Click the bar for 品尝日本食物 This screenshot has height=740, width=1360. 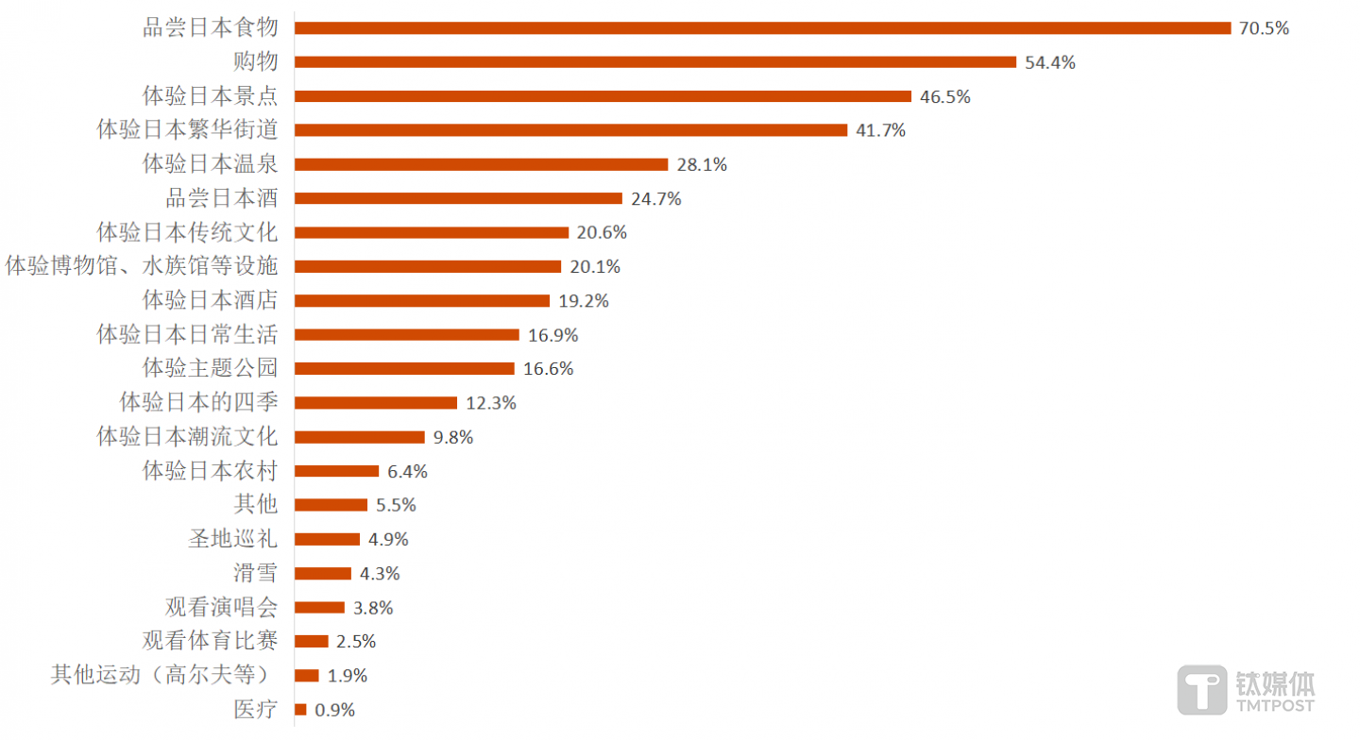pyautogui.click(x=762, y=28)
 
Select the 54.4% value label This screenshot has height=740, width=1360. pyautogui.click(x=1050, y=63)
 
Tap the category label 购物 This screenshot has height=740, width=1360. pyautogui.click(x=256, y=62)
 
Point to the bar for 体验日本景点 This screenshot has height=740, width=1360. pyautogui.click(x=603, y=96)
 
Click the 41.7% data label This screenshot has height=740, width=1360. pyautogui.click(x=880, y=131)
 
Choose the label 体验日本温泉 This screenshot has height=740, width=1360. pyautogui.click(x=210, y=164)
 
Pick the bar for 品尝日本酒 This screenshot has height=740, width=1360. pyautogui.click(x=458, y=198)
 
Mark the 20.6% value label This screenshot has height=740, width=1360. pyautogui.click(x=602, y=233)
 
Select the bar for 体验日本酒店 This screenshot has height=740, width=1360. pyautogui.click(x=422, y=301)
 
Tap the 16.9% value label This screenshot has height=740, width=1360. pyautogui.click(x=552, y=335)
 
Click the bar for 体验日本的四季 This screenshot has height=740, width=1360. pyautogui.click(x=376, y=403)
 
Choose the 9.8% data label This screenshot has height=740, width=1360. pyautogui.click(x=453, y=438)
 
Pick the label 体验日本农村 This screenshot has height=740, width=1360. pyautogui.click(x=210, y=471)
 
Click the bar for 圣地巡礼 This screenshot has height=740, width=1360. pyautogui.click(x=327, y=539)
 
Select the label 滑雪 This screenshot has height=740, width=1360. pyautogui.click(x=256, y=573)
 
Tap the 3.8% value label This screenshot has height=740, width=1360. pyautogui.click(x=373, y=608)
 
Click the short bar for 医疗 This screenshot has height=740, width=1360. pyautogui.click(x=300, y=710)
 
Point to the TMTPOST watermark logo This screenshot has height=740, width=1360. pyautogui.click(x=1247, y=690)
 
